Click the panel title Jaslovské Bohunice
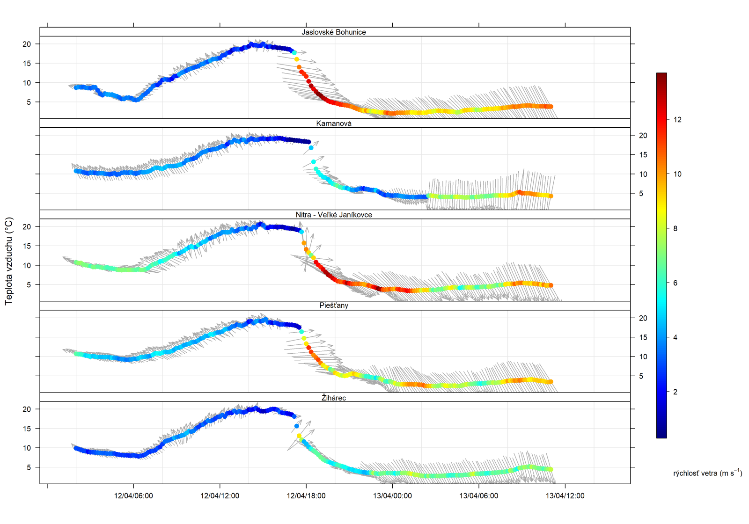334,32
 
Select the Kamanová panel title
334,124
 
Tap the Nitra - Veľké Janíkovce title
334,215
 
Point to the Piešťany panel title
334,306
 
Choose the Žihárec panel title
334,398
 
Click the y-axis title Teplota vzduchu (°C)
9,261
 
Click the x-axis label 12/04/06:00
133,496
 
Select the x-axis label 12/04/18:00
306,496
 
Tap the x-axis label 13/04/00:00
392,496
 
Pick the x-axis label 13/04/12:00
565,496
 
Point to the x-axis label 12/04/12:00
220,496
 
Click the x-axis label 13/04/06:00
478,496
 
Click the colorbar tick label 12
677,120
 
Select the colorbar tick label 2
675,392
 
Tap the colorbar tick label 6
675,283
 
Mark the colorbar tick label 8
675,228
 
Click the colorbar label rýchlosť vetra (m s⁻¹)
707,473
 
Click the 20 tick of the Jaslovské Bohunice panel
27,44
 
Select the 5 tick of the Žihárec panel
29,467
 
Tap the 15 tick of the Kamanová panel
643,155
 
